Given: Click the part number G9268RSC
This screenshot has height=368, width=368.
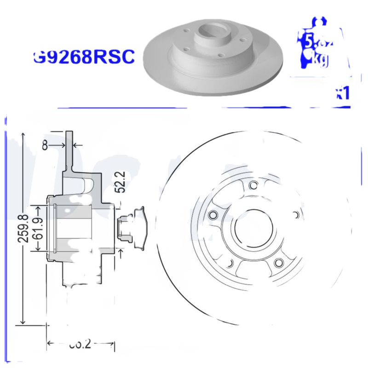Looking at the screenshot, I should pos(84,57).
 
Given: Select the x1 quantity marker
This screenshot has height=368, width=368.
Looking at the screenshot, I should pos(342,93).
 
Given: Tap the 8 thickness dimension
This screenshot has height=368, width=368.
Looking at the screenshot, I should pos(45,145).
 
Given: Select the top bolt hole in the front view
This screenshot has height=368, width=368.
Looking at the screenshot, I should pos(252,185).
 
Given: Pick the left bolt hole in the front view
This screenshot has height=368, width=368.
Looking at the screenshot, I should pos(212,215).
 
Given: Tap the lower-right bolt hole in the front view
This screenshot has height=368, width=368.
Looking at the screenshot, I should pos(278,263).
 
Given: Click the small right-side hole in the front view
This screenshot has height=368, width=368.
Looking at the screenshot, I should pos(297,215).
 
